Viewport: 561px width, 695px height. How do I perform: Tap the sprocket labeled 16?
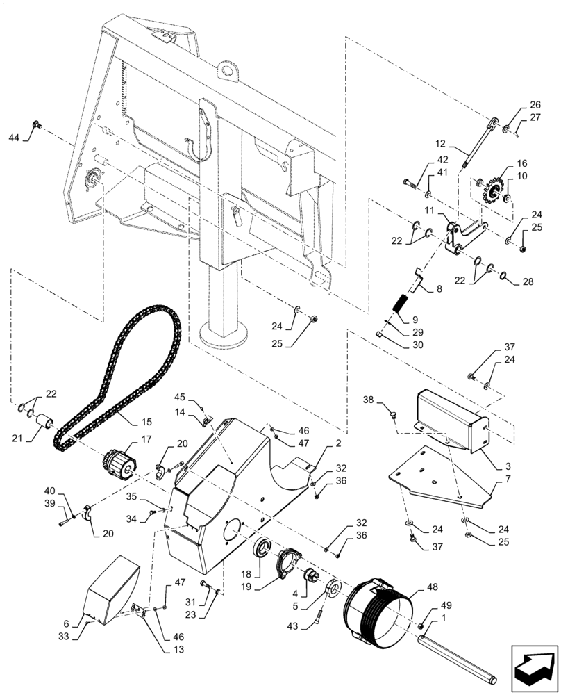[x=494, y=191]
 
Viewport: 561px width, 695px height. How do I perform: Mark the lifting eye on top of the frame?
[x=226, y=69]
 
